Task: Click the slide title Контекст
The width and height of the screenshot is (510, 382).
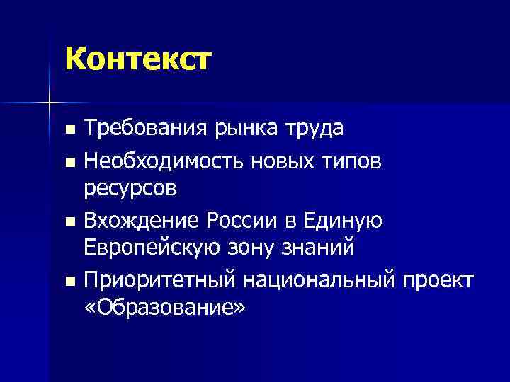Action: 137,59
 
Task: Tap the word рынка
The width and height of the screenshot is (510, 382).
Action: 241,130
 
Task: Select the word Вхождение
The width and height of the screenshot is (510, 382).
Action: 142,221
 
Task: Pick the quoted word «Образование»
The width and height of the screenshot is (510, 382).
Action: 164,309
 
